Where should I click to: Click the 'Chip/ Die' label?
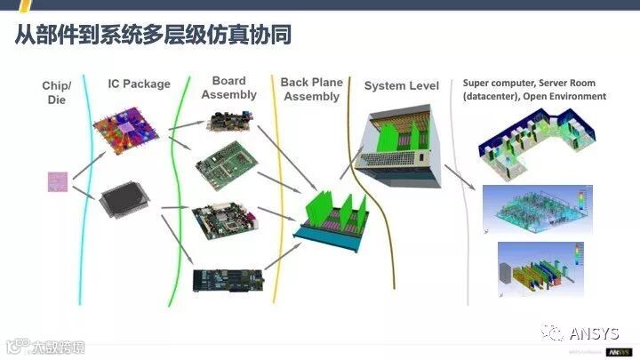[57, 92]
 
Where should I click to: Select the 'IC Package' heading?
[139, 84]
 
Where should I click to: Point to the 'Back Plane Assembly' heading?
[311, 89]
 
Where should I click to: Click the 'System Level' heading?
[401, 86]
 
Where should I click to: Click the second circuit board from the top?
[228, 164]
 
